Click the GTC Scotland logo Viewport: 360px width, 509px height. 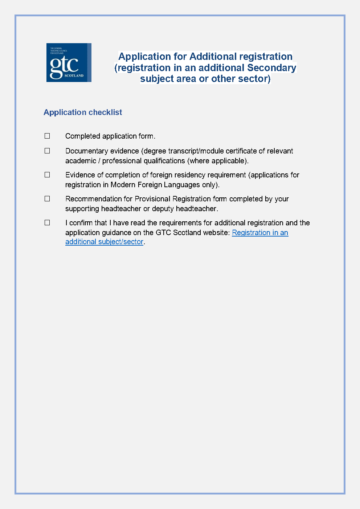pyautogui.click(x=69, y=62)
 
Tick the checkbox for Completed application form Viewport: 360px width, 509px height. pyautogui.click(x=47, y=136)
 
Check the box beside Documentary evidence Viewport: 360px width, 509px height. pyautogui.click(x=47, y=151)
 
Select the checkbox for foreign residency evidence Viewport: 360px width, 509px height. pyautogui.click(x=47, y=175)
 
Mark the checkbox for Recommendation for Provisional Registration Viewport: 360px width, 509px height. pyautogui.click(x=47, y=199)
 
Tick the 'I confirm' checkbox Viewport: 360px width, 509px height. pyautogui.click(x=47, y=223)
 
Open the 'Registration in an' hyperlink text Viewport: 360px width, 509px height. pyautogui.click(x=260, y=233)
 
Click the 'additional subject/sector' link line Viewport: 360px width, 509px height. pyautogui.click(x=104, y=242)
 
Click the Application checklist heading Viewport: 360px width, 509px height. pyautogui.click(x=83, y=112)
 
